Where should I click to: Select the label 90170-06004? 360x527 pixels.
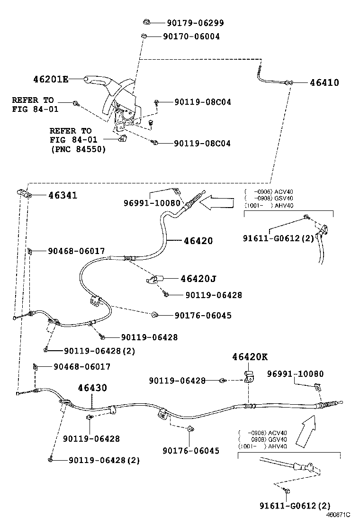[x=191, y=36]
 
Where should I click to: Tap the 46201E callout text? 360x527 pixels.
[x=51, y=79]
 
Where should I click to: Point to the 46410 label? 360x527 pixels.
[x=324, y=82]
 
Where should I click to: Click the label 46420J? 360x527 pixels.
[x=198, y=279]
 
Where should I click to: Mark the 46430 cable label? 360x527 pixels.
[x=92, y=388]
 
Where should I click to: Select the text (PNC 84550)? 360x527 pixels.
[x=78, y=149]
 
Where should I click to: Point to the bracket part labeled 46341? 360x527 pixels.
[x=23, y=193]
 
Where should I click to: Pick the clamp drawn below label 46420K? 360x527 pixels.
[x=249, y=376]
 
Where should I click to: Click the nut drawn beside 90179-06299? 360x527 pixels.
[x=146, y=22]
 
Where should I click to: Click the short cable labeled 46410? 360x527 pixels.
[x=272, y=78]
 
